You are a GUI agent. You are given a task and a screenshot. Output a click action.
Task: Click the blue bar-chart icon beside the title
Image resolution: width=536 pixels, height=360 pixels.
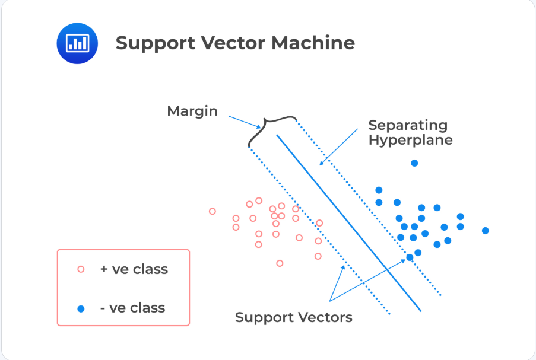(x=77, y=43)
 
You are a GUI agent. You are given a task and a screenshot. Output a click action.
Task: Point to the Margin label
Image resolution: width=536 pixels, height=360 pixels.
(x=192, y=111)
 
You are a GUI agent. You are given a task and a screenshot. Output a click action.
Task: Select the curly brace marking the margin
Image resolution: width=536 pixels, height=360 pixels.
(x=271, y=129)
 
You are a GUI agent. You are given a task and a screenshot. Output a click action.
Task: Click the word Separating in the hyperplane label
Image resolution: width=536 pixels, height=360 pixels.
(x=408, y=125)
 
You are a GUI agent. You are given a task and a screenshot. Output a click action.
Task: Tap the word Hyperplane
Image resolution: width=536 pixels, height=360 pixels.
(x=410, y=141)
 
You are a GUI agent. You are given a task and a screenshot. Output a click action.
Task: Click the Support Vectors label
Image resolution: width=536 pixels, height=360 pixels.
(x=293, y=317)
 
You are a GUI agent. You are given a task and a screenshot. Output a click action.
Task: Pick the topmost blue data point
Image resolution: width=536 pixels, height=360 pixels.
(x=414, y=163)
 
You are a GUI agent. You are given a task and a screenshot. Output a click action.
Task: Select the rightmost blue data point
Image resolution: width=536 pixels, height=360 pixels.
(x=486, y=230)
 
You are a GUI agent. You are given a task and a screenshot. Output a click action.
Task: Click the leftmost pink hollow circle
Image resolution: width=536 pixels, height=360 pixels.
(x=213, y=211)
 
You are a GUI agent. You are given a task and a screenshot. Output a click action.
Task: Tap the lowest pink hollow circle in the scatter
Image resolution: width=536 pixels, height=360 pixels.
(x=280, y=263)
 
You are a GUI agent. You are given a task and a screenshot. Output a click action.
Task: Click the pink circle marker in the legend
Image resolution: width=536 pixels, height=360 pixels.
(x=81, y=269)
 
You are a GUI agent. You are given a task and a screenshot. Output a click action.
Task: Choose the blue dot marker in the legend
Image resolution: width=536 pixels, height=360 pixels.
(x=81, y=308)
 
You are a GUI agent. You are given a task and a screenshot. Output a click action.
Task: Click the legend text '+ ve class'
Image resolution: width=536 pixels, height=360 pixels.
(x=134, y=269)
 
